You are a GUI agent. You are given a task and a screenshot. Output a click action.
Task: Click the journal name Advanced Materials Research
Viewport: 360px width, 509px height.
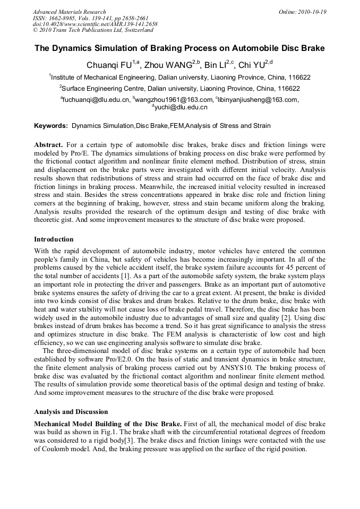[69, 12]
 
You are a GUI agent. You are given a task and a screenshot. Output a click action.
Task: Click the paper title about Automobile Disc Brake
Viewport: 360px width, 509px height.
[179, 48]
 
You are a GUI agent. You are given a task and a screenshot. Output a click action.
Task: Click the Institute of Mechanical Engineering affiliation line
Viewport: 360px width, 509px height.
[179, 77]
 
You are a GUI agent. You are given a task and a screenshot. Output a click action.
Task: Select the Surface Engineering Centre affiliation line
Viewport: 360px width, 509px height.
[179, 89]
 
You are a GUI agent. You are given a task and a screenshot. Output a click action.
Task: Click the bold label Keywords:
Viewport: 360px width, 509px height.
[51, 126]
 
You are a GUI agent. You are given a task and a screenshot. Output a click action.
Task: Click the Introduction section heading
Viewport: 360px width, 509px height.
[54, 239]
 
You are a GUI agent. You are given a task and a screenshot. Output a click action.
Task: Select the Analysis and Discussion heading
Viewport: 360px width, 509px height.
[71, 412]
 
